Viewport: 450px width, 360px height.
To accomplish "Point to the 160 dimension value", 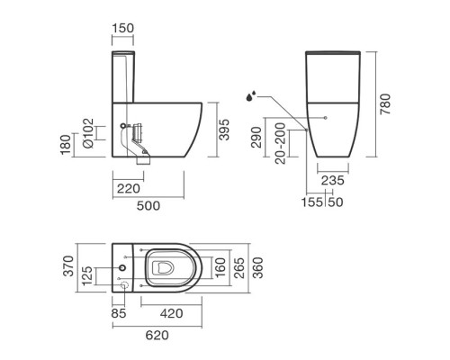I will coord(220,266).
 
